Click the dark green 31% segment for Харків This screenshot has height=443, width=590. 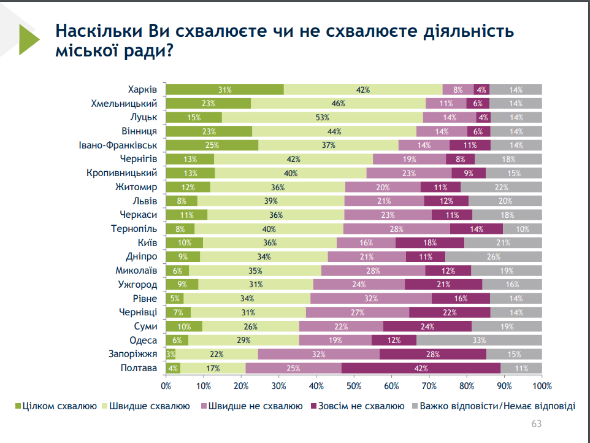coord(224,90)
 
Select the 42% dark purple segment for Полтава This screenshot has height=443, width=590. coord(421,368)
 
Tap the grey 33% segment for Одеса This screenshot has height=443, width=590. coord(479,341)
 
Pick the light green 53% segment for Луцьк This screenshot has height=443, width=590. coord(323,117)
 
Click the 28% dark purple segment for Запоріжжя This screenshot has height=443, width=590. coord(433,354)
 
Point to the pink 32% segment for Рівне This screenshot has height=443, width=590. coord(370,299)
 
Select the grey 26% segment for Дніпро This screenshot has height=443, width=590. coord(494,256)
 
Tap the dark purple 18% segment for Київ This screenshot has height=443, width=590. coord(430,243)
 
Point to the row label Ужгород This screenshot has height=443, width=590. coord(137,285)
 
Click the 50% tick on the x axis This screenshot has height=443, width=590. coord(354,386)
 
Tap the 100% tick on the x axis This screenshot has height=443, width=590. coord(542,386)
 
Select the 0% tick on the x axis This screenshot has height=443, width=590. coord(166,386)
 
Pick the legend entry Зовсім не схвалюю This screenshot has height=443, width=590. coord(360,406)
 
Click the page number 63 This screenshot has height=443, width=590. coord(536,424)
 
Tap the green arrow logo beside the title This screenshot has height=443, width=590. coord(28,39)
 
